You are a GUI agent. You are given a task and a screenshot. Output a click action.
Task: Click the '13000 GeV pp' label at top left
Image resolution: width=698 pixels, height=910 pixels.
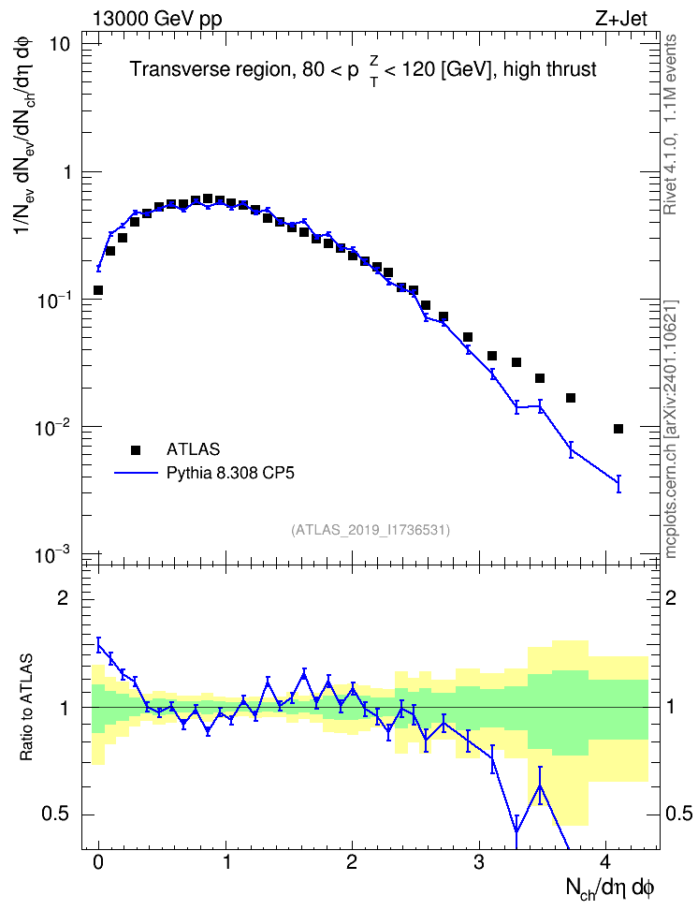156,19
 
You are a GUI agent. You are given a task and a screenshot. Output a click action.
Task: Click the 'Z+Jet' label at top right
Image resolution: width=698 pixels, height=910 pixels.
620,19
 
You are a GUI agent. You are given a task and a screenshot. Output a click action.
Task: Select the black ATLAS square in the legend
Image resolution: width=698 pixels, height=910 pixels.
136,449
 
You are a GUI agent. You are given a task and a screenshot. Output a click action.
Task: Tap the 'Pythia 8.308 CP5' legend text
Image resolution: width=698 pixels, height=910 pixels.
230,473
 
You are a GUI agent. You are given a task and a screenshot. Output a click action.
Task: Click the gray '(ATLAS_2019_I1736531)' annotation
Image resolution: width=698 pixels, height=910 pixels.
371,530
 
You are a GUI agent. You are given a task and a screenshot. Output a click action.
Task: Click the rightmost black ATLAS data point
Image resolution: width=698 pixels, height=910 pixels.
618,429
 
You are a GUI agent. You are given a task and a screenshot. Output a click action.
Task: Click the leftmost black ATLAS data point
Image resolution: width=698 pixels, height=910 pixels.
98,290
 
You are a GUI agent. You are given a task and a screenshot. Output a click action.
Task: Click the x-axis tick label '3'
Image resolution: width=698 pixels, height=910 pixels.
478,862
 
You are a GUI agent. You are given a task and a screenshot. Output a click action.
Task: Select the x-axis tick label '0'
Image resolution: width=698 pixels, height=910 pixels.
98,862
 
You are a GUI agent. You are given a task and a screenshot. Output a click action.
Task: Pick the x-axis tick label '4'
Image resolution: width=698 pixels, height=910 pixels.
605,862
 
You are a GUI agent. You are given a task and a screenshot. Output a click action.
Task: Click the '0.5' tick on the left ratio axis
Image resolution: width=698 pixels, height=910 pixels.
56,815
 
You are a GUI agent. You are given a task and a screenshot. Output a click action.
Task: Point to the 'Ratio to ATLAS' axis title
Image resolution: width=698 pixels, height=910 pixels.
26,707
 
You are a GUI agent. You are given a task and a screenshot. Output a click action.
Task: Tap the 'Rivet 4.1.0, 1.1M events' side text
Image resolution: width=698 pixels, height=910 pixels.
670,125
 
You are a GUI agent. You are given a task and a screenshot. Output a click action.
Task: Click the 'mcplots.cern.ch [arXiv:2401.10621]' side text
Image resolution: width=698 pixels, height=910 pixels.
671,430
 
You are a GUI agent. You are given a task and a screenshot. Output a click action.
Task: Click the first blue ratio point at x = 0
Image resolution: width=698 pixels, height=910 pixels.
98,645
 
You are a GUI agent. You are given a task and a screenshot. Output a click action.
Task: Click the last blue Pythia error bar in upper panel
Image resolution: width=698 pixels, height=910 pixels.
618,483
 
